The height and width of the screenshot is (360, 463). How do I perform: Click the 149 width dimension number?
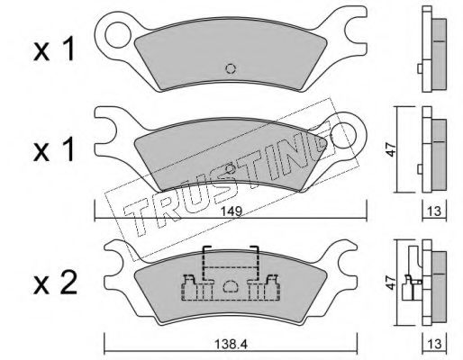(232, 211)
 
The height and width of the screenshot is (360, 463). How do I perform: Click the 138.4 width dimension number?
(231, 344)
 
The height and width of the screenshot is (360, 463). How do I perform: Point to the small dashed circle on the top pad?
(231, 69)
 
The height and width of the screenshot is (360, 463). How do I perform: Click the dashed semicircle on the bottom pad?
(231, 286)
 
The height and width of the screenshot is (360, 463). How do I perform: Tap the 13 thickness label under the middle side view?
(434, 211)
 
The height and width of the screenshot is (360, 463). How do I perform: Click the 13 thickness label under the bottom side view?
(434, 344)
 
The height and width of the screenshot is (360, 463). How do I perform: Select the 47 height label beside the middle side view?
(391, 149)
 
